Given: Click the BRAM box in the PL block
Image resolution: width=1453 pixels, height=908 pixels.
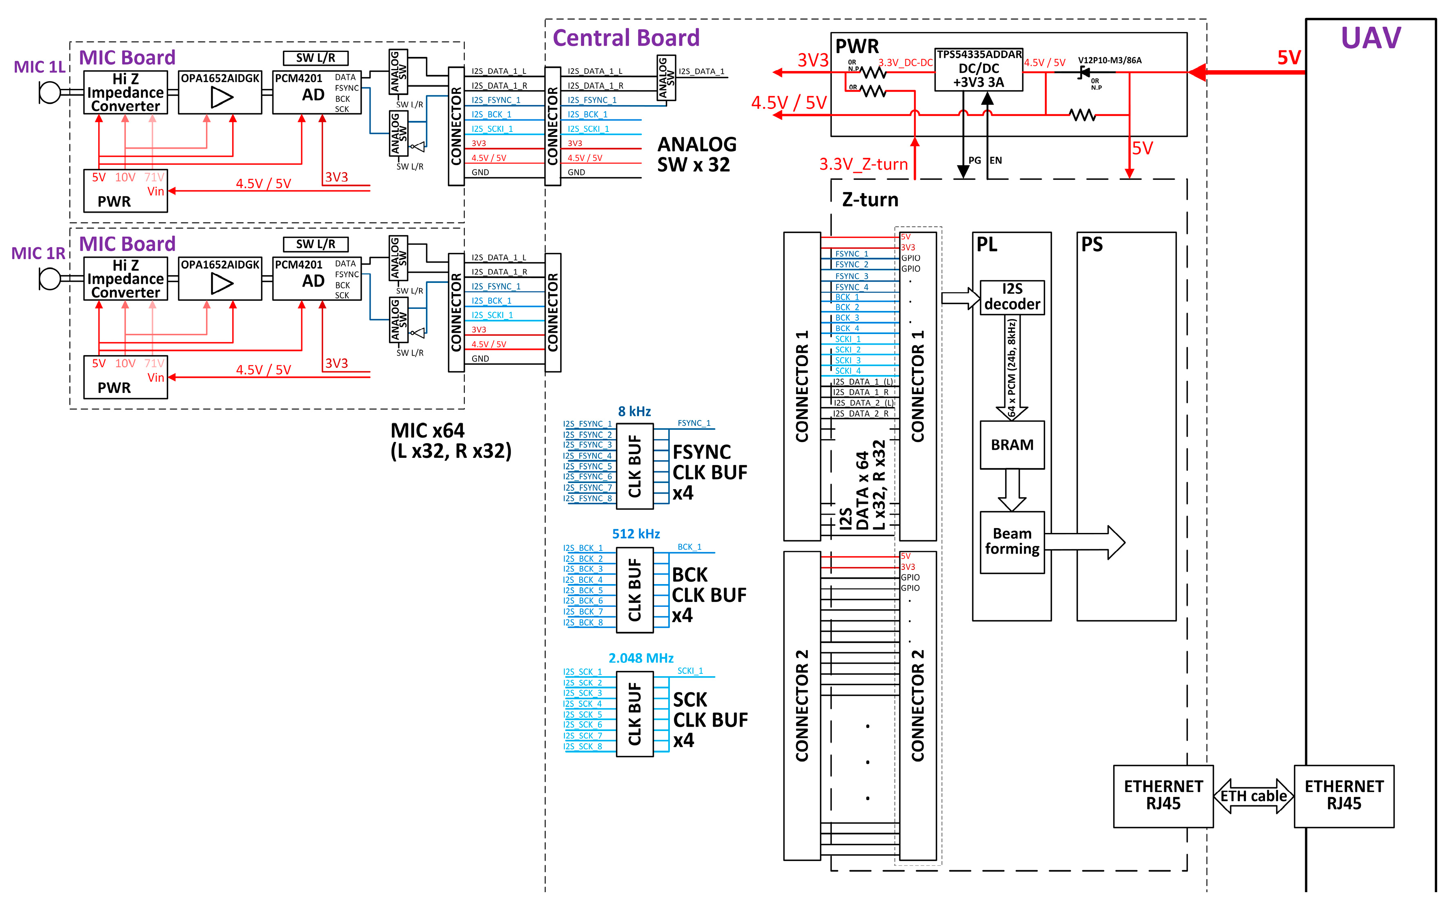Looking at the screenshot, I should pyautogui.click(x=1012, y=444).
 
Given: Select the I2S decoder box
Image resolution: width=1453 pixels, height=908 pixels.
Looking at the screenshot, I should pyautogui.click(x=1012, y=297).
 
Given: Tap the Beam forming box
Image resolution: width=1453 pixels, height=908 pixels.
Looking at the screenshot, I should pyautogui.click(x=1012, y=542).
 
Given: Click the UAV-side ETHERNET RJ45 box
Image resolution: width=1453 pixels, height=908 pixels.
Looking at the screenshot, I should pyautogui.click(x=1344, y=795).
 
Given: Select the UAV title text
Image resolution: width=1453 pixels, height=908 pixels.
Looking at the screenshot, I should pyautogui.click(x=1370, y=38).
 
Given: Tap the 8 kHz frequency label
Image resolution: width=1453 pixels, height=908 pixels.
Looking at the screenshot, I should pyautogui.click(x=634, y=411).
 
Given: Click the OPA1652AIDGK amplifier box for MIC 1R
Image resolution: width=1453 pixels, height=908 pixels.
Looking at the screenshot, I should pyautogui.click(x=220, y=278).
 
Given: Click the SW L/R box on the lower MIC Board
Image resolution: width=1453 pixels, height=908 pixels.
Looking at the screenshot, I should pyautogui.click(x=315, y=244).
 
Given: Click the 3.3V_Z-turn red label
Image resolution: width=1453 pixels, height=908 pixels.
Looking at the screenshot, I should pyautogui.click(x=863, y=164).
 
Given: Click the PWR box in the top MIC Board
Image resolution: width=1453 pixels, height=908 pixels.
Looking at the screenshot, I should pyautogui.click(x=125, y=190).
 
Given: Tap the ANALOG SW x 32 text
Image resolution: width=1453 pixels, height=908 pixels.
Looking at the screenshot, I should pyautogui.click(x=696, y=154).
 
